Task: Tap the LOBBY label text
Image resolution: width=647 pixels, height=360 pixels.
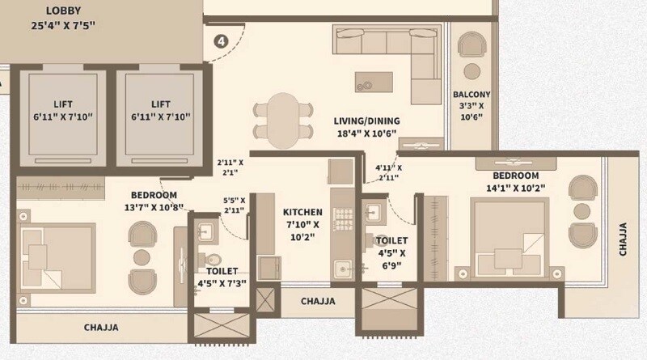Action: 62,11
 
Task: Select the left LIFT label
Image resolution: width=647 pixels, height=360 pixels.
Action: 62,104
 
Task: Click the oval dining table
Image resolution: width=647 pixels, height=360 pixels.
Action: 282,121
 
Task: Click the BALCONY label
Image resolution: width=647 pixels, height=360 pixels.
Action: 472,95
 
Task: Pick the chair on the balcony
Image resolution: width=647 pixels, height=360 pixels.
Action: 471,46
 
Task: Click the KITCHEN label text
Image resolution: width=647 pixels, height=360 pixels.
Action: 304,213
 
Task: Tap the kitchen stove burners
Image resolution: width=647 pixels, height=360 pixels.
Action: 343,216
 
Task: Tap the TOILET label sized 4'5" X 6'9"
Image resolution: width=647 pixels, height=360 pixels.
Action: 391,241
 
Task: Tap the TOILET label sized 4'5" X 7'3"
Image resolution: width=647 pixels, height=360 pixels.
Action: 221,272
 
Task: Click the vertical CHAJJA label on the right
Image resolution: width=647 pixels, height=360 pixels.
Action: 623,239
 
